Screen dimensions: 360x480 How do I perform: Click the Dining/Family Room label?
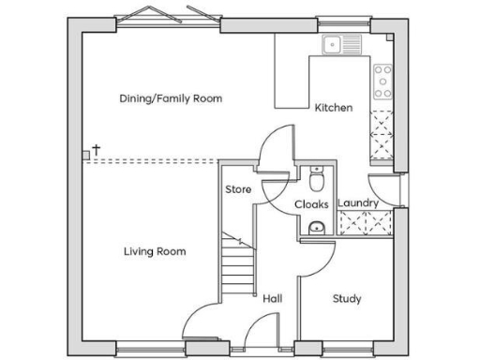coord(171,97)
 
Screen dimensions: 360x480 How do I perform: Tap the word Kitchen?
coord(334,108)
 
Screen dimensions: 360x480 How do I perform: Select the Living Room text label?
coord(155,251)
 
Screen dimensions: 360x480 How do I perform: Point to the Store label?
coord(238,190)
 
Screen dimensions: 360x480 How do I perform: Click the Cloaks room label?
coord(310,203)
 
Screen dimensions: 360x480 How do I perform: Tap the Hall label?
coord(273,298)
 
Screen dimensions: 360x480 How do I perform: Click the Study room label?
coord(347,299)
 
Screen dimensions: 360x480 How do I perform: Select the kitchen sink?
coord(340,43)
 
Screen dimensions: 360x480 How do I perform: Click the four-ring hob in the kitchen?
coord(382,82)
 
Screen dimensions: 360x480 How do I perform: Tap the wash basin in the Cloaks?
coord(316,226)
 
